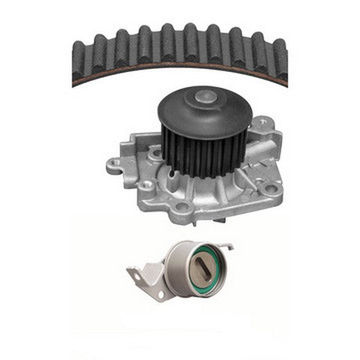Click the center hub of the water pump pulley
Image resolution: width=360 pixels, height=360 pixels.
(204, 97)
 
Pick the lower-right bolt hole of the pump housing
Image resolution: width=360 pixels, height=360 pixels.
(271, 188)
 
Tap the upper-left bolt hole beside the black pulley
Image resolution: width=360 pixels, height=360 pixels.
(154, 155)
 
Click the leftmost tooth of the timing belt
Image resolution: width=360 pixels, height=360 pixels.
(79, 56)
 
